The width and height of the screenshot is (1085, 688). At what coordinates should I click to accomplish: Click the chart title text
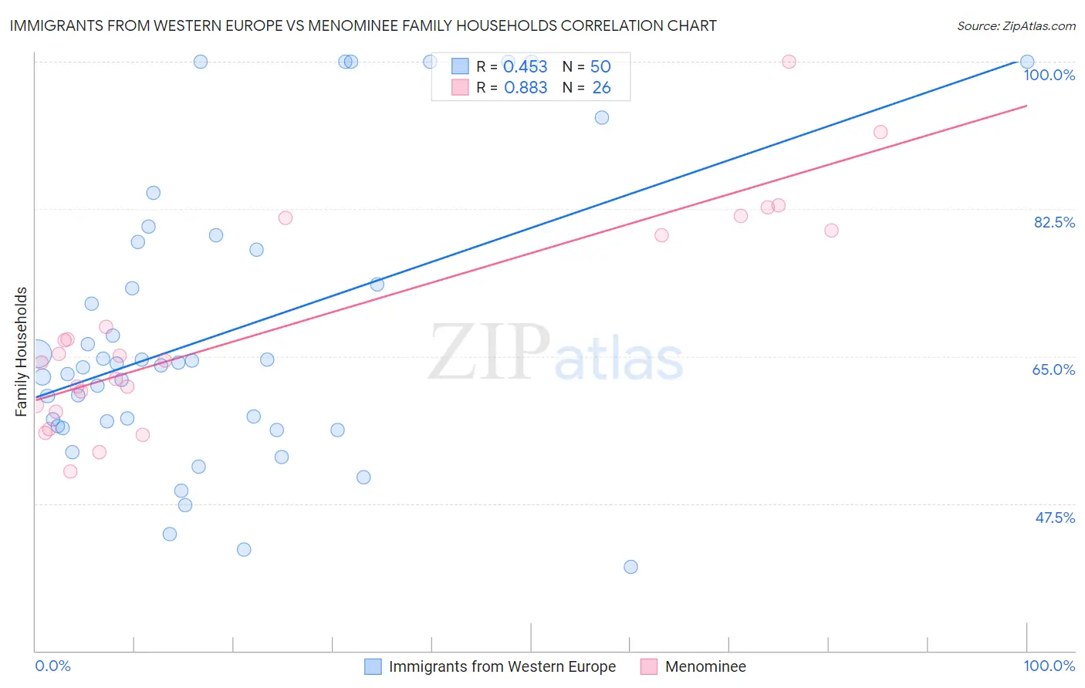coord(363,25)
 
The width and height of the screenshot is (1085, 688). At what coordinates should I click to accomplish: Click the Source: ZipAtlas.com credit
coord(1016,25)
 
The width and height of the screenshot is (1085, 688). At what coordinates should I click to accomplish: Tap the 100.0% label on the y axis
coord(1049,75)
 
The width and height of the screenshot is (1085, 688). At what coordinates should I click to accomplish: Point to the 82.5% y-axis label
coord(1054,222)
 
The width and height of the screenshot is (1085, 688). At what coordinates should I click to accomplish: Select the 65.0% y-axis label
coord(1053,369)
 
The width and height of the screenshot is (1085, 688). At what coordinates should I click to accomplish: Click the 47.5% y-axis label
coord(1054,518)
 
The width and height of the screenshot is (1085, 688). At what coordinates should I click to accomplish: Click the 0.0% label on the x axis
coord(52,666)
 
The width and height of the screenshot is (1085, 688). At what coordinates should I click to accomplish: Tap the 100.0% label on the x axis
coord(1049,666)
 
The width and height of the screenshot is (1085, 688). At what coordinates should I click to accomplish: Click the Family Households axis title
coord(22,352)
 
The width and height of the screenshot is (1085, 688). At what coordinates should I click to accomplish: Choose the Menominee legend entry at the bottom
coord(705,666)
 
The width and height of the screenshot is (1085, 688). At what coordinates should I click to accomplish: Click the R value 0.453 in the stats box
coord(526,67)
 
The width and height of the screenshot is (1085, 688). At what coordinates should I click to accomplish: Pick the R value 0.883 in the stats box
coord(526,88)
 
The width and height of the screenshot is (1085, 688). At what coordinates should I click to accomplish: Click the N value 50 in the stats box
coord(600,67)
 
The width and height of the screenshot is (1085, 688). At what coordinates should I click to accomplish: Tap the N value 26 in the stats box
coord(601,88)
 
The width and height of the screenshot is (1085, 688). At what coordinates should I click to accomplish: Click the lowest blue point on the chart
coord(630,567)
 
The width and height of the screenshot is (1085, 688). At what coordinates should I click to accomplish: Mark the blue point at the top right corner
coord(1027,62)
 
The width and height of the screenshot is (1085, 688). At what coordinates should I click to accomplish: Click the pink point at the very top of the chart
coord(789,62)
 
